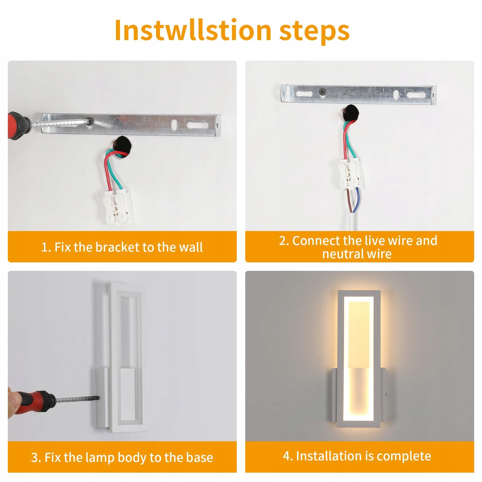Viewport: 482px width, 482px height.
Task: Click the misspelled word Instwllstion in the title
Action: click(193, 30)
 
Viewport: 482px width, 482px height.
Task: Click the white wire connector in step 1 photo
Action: click(118, 207)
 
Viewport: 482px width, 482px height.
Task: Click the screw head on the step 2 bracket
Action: click(323, 91)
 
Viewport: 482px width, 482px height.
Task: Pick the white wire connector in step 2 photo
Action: click(350, 174)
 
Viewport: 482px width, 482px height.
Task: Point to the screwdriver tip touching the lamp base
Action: click(99, 397)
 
